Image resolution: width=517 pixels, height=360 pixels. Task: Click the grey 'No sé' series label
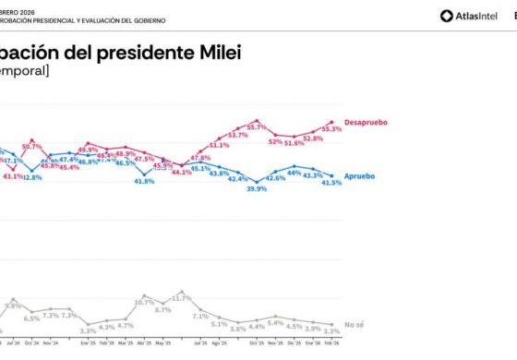tap(355, 325)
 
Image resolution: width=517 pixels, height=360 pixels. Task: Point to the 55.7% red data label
tap(256, 127)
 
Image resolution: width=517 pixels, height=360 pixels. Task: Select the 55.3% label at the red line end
tap(331, 129)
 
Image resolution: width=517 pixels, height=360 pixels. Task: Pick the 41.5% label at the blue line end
tap(331, 183)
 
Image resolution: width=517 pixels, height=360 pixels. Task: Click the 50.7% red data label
tap(32, 146)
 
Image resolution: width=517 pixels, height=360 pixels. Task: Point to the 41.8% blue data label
tap(144, 181)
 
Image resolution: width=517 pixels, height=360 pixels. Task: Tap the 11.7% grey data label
tap(182, 298)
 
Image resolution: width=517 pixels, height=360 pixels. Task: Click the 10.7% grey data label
tap(144, 302)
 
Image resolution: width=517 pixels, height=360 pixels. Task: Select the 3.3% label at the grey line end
tap(331, 330)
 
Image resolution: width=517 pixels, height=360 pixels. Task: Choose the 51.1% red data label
tap(219, 145)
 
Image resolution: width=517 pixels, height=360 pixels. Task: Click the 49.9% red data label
tap(88, 150)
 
